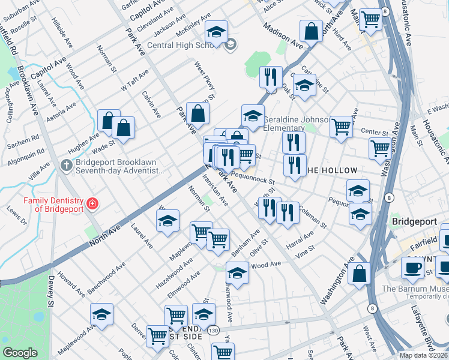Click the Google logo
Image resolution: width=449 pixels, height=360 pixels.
pos(20,353)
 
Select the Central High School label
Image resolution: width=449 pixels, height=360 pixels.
pos(180,45)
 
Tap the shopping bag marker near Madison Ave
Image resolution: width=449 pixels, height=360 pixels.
pos(312,32)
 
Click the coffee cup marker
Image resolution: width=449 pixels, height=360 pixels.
pos(412,267)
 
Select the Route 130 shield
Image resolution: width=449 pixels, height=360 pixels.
pos(213,330)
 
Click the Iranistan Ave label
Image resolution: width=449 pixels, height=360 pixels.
pos(215,190)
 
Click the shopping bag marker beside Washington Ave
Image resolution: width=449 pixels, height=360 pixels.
pos(359,273)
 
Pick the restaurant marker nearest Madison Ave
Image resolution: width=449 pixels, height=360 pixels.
pos(271,77)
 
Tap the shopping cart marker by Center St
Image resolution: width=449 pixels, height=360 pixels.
pos(340,127)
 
